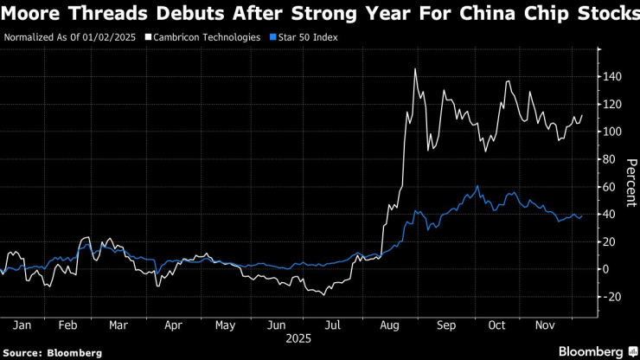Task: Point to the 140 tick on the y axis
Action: click(x=612, y=76)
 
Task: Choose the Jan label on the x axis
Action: click(x=23, y=325)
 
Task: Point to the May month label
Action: click(x=225, y=325)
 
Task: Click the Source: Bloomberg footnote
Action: click(x=52, y=353)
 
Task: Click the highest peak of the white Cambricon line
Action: click(x=416, y=69)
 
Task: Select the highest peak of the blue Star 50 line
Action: click(x=477, y=185)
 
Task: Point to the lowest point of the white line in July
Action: click(x=323, y=295)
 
